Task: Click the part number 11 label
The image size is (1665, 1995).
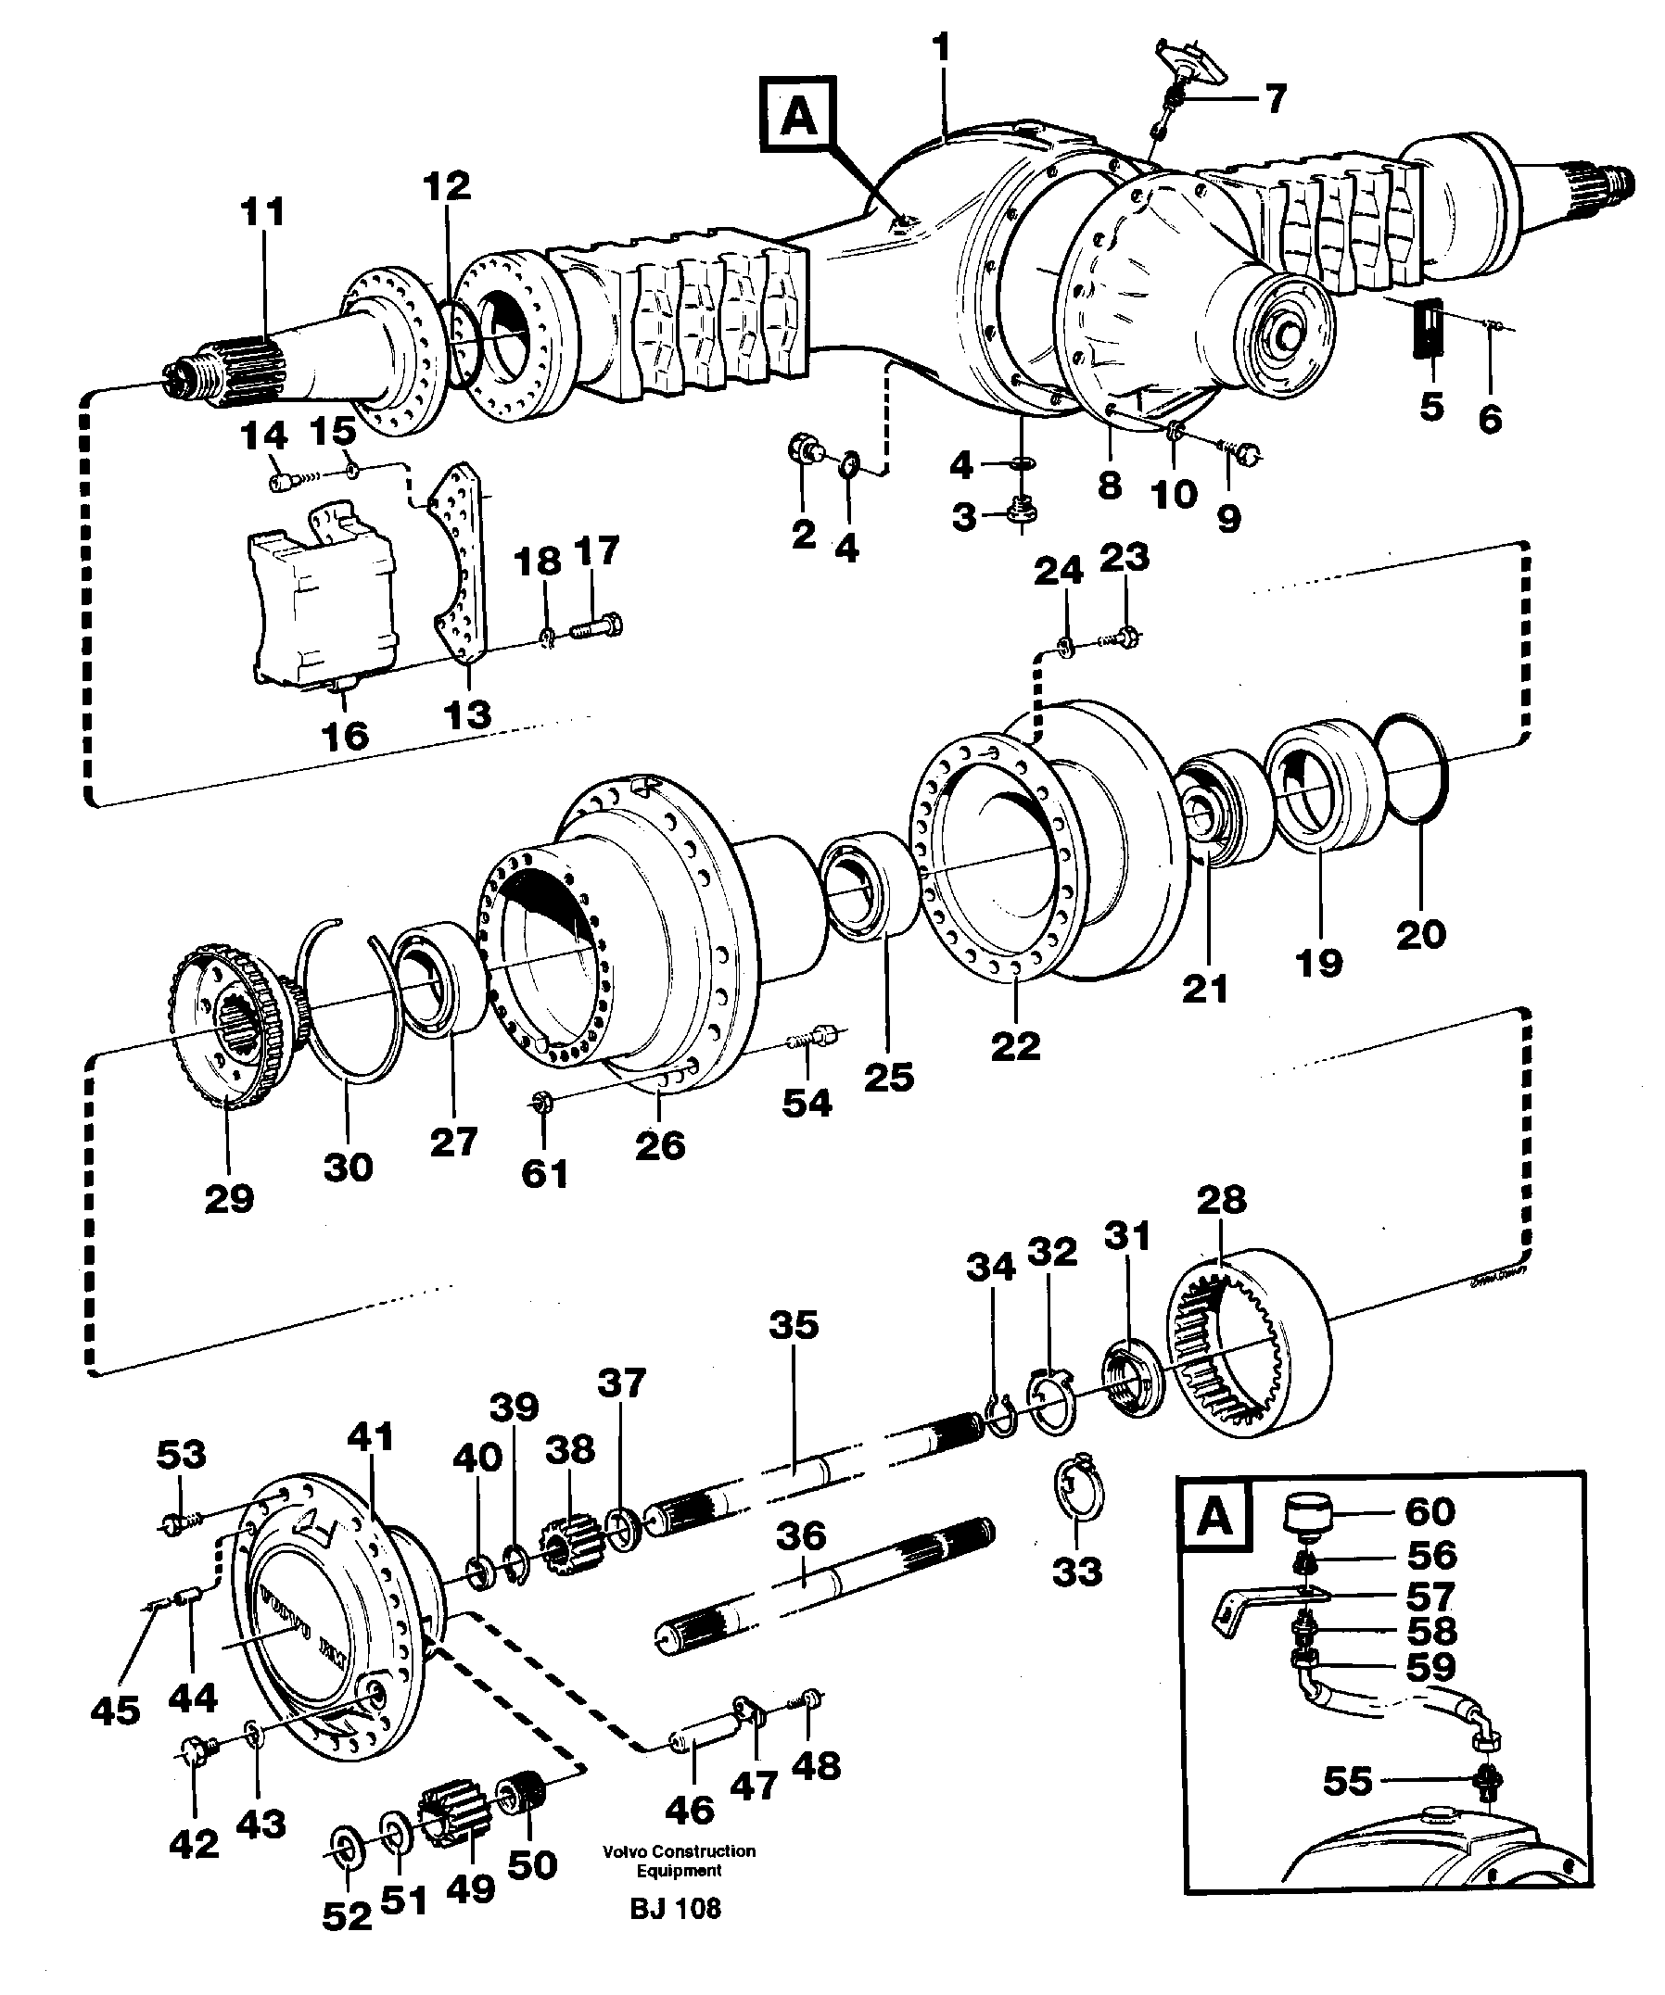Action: (262, 211)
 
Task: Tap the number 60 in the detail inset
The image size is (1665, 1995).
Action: (1430, 1511)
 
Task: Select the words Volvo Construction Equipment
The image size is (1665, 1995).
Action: (679, 1860)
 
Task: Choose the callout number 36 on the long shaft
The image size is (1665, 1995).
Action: (801, 1536)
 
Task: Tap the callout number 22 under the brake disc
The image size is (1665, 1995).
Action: (1015, 1046)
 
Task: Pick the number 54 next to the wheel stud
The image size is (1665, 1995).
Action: (807, 1102)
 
